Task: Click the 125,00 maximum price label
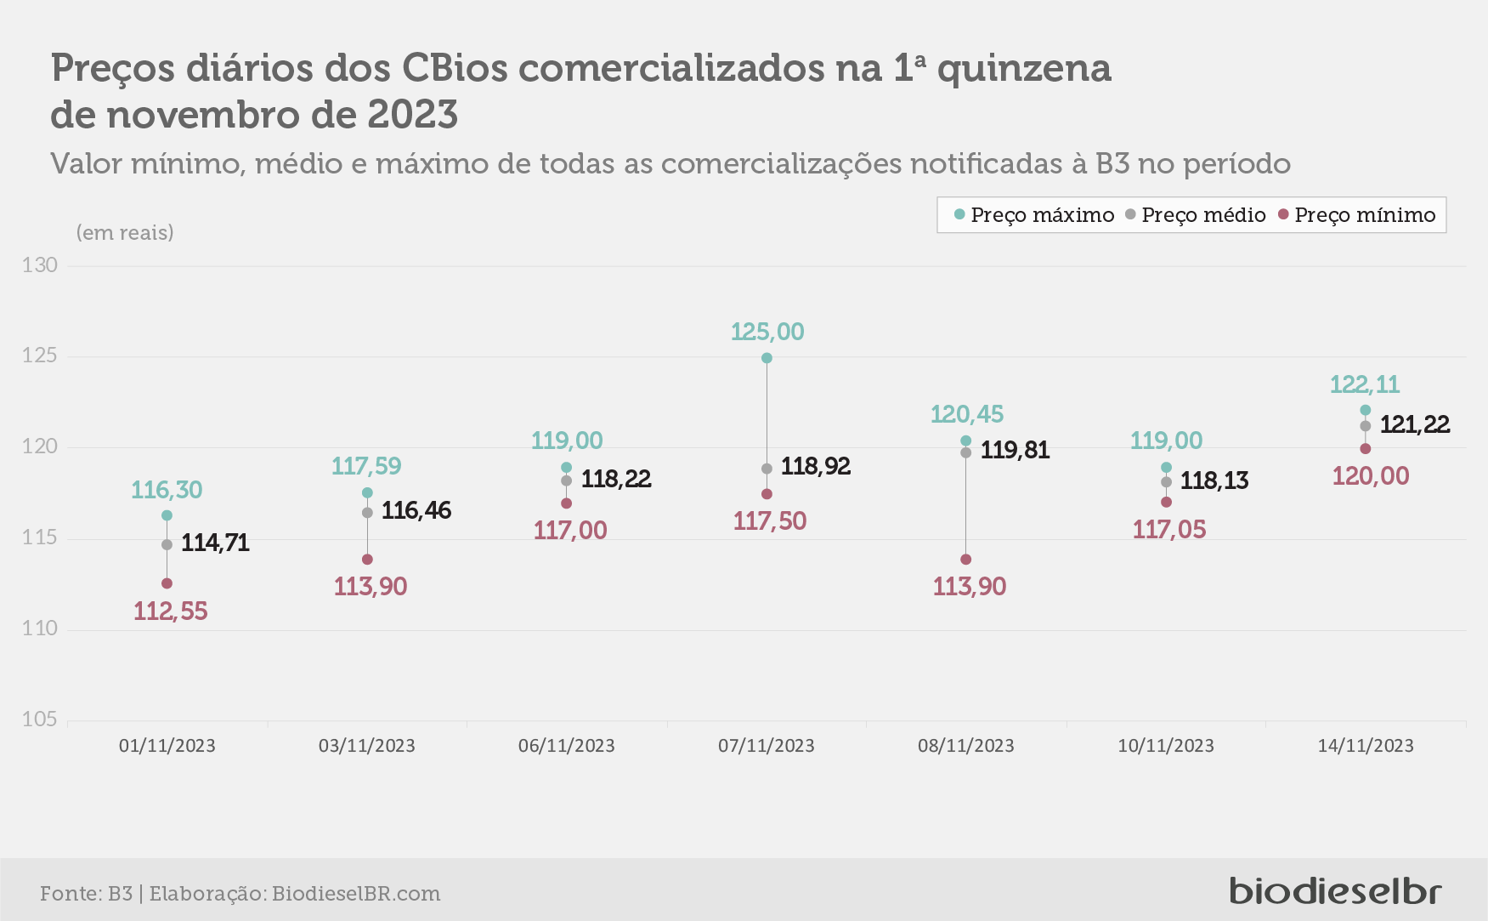point(767,332)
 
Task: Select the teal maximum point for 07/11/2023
point(767,358)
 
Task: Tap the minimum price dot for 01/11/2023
point(167,583)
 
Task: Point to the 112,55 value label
point(171,611)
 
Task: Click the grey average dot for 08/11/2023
point(965,452)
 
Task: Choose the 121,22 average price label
point(1415,424)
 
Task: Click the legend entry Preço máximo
point(1034,215)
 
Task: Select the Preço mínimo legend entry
point(1357,215)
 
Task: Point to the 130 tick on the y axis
point(40,265)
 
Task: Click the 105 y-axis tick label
point(40,719)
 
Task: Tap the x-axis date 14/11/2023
point(1366,746)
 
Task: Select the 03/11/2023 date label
point(367,746)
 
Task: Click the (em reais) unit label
point(125,232)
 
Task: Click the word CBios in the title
point(455,68)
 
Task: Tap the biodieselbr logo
point(1336,890)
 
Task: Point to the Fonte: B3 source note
point(86,894)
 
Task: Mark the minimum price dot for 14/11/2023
point(1366,448)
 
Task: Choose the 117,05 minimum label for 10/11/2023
point(1169,530)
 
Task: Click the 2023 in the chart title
point(412,115)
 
